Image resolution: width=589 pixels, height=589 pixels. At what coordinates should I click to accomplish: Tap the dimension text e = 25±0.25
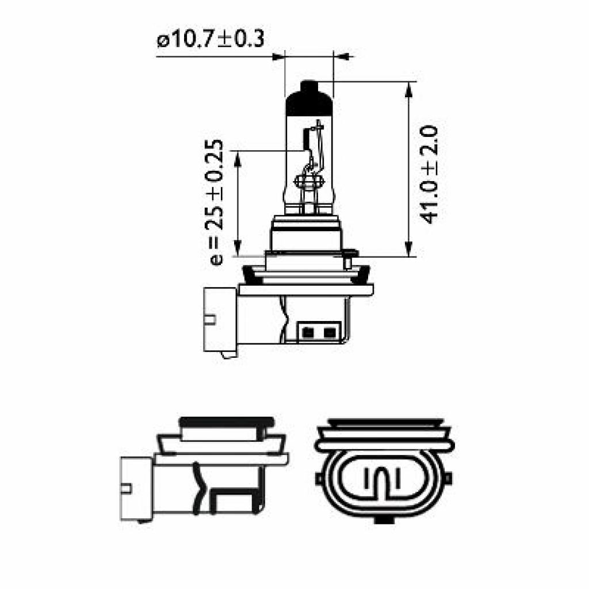point(216,201)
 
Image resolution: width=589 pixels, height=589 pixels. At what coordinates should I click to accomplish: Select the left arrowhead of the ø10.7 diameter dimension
point(278,56)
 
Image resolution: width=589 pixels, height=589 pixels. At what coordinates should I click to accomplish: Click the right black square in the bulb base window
point(329,332)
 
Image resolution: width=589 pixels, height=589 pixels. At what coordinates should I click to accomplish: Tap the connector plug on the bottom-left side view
point(136,488)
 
